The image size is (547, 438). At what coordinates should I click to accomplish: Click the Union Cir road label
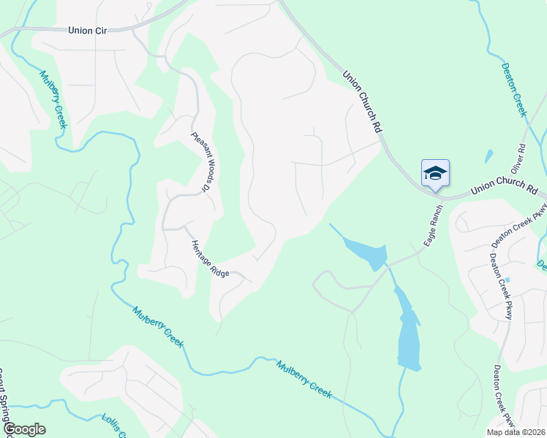tap(88, 31)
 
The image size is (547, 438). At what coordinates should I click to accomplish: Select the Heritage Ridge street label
tap(210, 258)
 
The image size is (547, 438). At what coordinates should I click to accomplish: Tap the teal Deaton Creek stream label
tap(513, 89)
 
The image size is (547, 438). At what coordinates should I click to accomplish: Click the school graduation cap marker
tap(435, 173)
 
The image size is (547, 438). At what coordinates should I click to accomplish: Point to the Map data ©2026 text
tap(515, 432)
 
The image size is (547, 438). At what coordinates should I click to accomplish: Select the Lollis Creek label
tap(113, 426)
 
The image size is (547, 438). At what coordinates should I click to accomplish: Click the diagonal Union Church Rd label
tap(363, 101)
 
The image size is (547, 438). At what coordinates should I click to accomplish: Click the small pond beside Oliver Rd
tap(488, 155)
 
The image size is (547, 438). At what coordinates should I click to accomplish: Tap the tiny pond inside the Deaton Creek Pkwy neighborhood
tap(508, 280)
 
